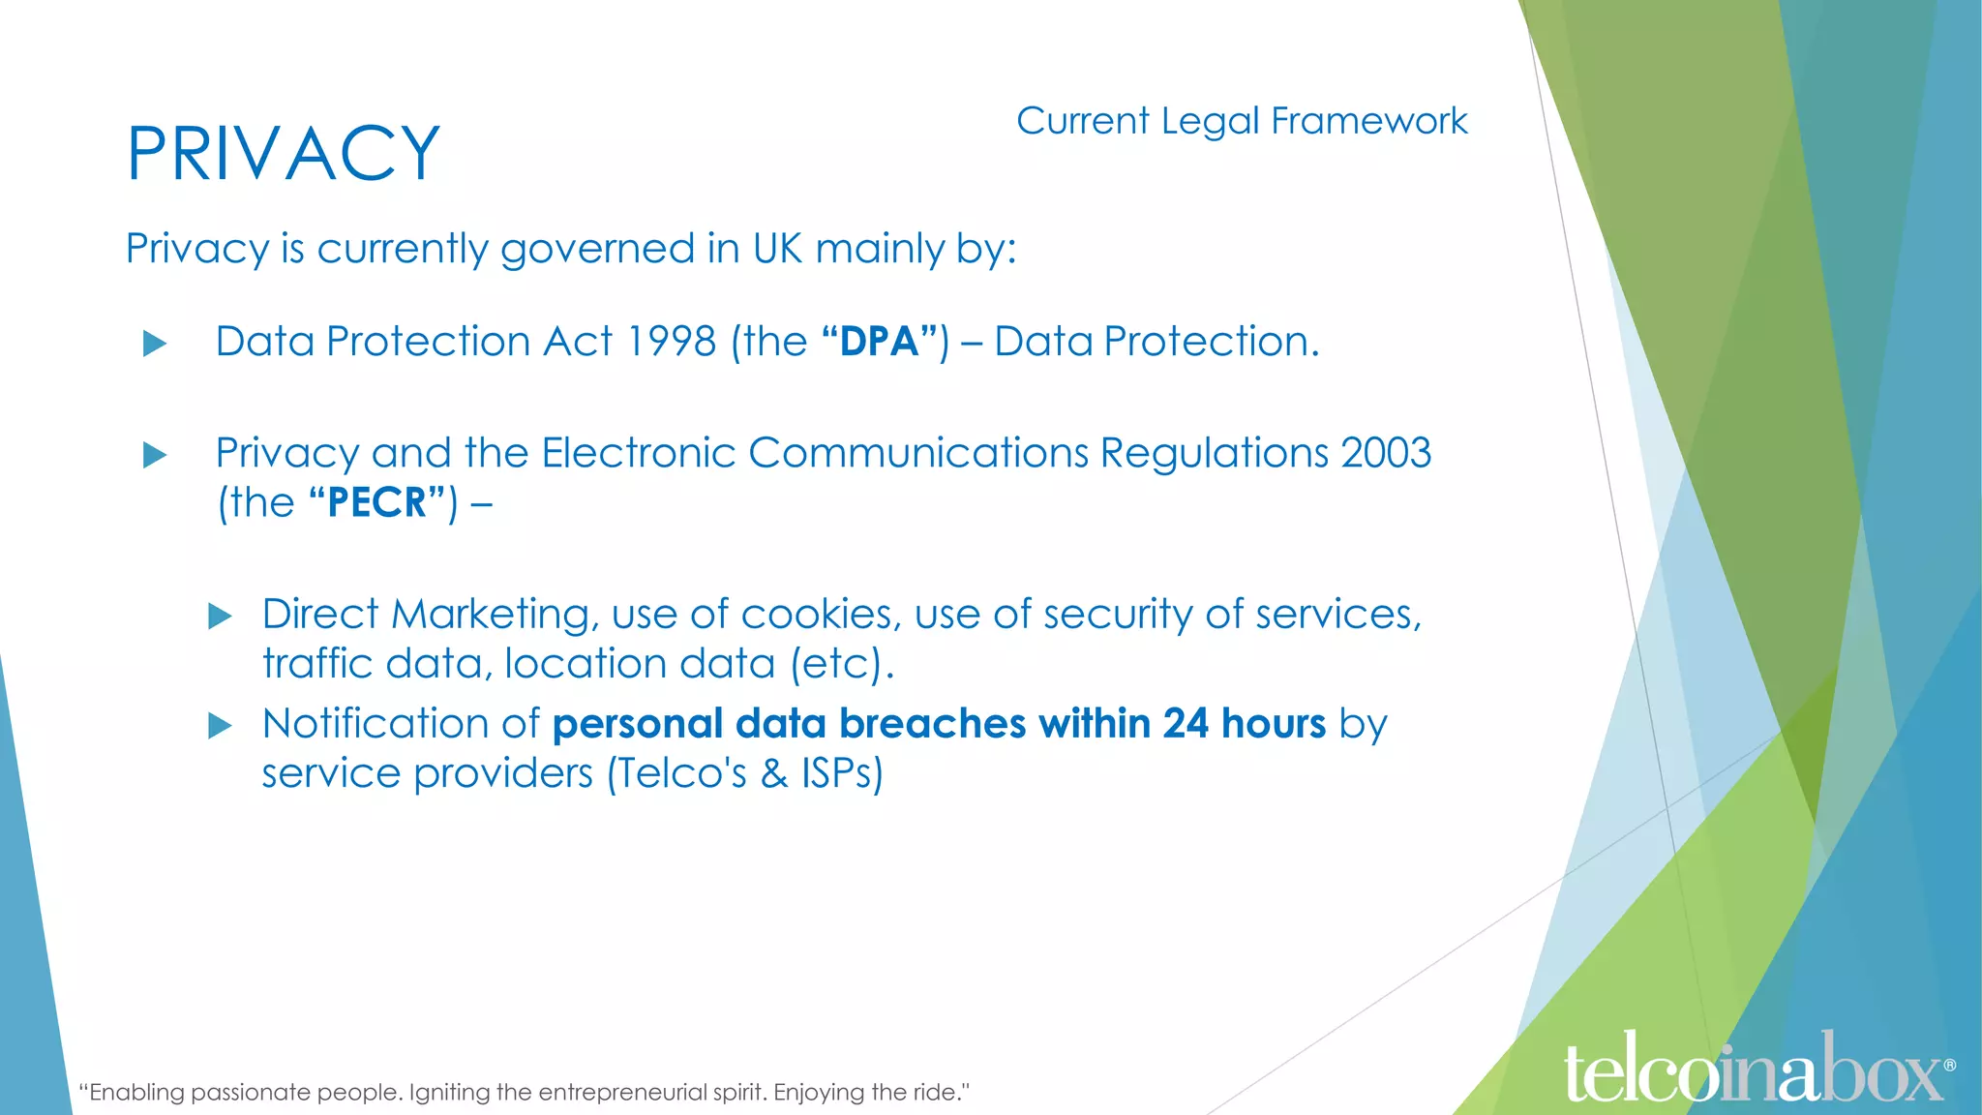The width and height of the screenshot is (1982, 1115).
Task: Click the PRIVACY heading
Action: pos(284,154)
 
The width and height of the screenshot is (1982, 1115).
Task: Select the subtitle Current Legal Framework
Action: pos(1242,121)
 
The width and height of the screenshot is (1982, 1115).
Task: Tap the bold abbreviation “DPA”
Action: pos(880,342)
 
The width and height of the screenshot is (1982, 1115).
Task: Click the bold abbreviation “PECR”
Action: pos(377,502)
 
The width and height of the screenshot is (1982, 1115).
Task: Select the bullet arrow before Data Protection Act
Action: pos(155,344)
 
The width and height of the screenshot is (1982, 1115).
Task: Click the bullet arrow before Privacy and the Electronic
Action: pos(155,455)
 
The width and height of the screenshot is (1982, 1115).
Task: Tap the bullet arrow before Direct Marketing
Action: pos(220,617)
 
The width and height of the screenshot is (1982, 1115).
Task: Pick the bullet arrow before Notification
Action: pos(220,726)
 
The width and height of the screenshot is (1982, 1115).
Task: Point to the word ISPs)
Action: pos(842,773)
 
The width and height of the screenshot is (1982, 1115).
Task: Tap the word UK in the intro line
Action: pos(778,249)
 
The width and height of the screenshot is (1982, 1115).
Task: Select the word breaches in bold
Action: pos(932,724)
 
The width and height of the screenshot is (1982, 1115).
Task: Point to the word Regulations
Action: pos(1214,453)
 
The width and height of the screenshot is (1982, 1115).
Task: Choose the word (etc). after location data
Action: pos(841,664)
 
